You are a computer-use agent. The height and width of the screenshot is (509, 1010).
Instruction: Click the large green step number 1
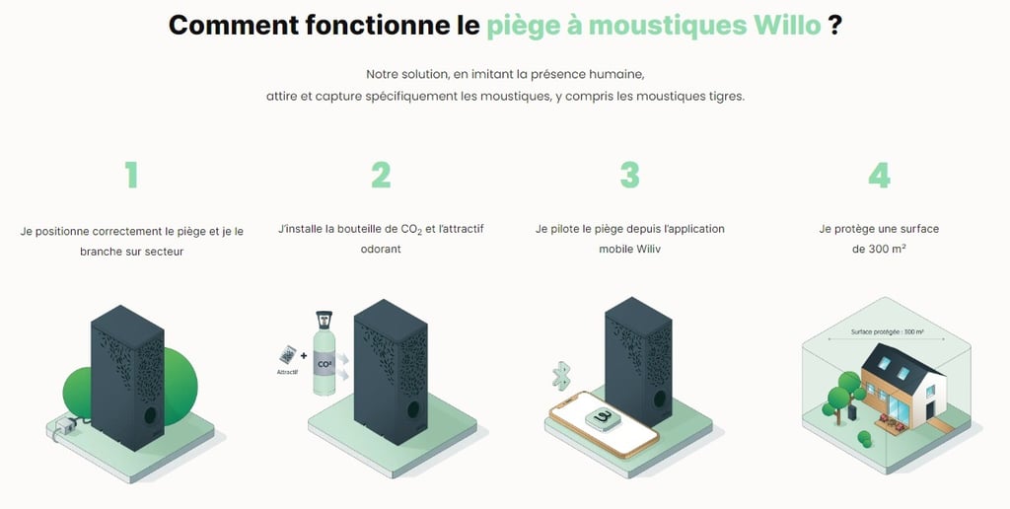(131, 175)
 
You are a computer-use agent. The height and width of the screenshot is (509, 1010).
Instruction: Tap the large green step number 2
(381, 175)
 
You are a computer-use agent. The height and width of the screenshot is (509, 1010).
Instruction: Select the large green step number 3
(629, 175)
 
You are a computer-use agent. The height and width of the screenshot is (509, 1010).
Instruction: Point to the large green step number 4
(879, 175)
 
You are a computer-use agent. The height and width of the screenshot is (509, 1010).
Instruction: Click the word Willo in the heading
(787, 25)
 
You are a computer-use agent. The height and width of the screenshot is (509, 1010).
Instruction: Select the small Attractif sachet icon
(288, 355)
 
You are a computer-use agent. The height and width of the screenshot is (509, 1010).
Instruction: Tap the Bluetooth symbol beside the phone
(561, 376)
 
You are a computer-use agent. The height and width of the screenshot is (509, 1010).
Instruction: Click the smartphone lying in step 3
(604, 424)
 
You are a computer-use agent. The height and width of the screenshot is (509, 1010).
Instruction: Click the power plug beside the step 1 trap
(66, 424)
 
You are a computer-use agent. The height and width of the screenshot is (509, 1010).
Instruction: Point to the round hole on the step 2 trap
(413, 408)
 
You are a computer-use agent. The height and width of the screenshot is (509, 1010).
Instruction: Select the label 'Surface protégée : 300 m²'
(887, 331)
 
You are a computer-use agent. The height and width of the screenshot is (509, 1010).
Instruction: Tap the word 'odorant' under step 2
(381, 250)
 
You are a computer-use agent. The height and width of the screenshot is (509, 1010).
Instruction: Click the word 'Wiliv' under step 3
(648, 250)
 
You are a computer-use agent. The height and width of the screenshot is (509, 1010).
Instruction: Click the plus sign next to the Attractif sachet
(304, 355)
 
